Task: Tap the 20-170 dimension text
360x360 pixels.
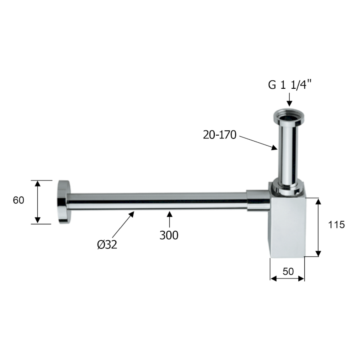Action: point(220,135)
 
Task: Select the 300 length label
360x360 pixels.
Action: point(169,235)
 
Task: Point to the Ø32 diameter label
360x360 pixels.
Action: point(107,244)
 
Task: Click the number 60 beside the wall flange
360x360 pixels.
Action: point(18,200)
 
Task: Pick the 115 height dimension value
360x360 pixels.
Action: point(336,224)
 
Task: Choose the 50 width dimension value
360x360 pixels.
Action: point(288,272)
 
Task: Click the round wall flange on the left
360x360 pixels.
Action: point(64,202)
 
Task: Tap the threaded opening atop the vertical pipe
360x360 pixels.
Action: point(289,117)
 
